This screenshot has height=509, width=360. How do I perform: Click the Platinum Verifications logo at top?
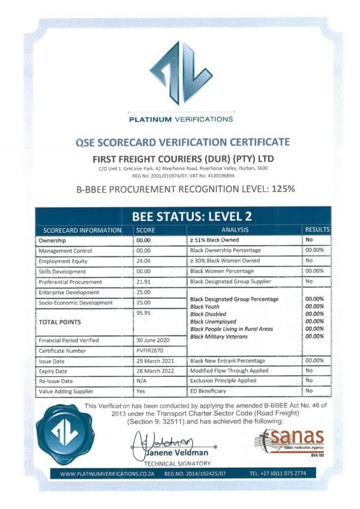click(x=181, y=73)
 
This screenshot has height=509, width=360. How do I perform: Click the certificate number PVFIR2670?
click(x=149, y=350)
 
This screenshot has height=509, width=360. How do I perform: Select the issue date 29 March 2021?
click(x=155, y=361)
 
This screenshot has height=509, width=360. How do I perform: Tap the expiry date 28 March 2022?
click(x=155, y=371)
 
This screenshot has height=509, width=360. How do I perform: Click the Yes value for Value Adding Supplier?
click(x=141, y=391)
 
